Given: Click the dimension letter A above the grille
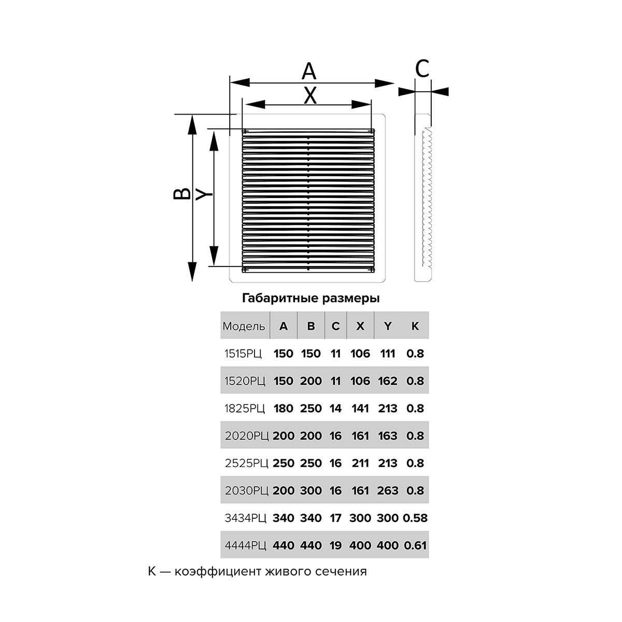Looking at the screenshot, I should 309,71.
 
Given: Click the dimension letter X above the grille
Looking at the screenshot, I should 310,95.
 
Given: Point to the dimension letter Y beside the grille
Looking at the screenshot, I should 204,194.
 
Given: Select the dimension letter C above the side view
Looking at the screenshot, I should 422,68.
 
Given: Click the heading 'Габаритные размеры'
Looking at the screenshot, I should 310,299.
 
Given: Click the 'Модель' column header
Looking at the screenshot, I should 244,326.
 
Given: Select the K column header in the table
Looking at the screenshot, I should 415,326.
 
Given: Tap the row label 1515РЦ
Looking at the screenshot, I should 243,354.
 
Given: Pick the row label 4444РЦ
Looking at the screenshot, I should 246,545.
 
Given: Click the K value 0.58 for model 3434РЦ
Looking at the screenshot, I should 415,518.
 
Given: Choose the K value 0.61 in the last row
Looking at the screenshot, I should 415,545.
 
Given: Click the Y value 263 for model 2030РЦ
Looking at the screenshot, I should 388,490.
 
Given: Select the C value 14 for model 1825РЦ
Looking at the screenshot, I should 335,408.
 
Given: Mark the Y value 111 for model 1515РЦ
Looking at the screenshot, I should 388,354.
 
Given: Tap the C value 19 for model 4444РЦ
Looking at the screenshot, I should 335,545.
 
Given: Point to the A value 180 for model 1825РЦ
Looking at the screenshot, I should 283,408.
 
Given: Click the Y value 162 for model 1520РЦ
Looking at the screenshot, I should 388,381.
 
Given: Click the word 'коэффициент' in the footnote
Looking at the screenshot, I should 218,572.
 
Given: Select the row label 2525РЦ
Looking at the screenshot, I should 247,463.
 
